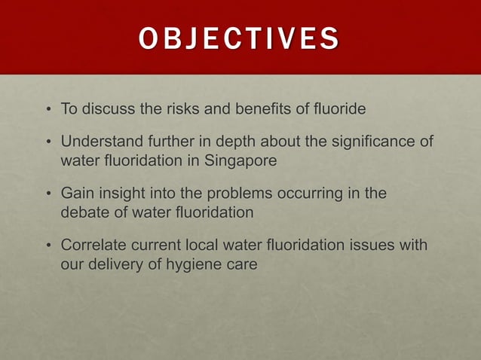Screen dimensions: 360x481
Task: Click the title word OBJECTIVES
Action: [239, 38]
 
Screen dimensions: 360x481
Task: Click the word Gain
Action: [77, 194]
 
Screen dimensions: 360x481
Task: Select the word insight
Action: [121, 194]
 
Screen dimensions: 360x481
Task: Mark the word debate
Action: [83, 213]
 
